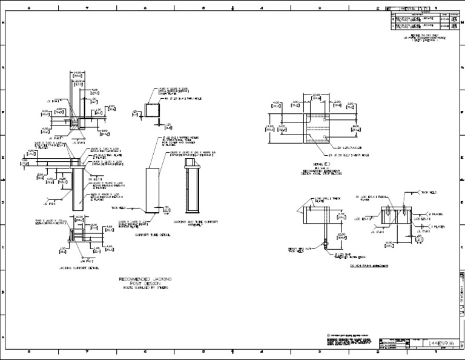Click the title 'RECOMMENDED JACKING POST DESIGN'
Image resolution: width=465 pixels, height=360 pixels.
147,279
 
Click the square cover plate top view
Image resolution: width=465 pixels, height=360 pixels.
152,112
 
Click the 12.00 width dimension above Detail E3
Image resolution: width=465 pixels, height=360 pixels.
315,95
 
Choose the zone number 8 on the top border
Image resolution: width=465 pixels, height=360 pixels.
29,8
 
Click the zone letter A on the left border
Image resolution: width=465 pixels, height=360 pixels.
4,337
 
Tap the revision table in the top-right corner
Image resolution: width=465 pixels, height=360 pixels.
424,21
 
